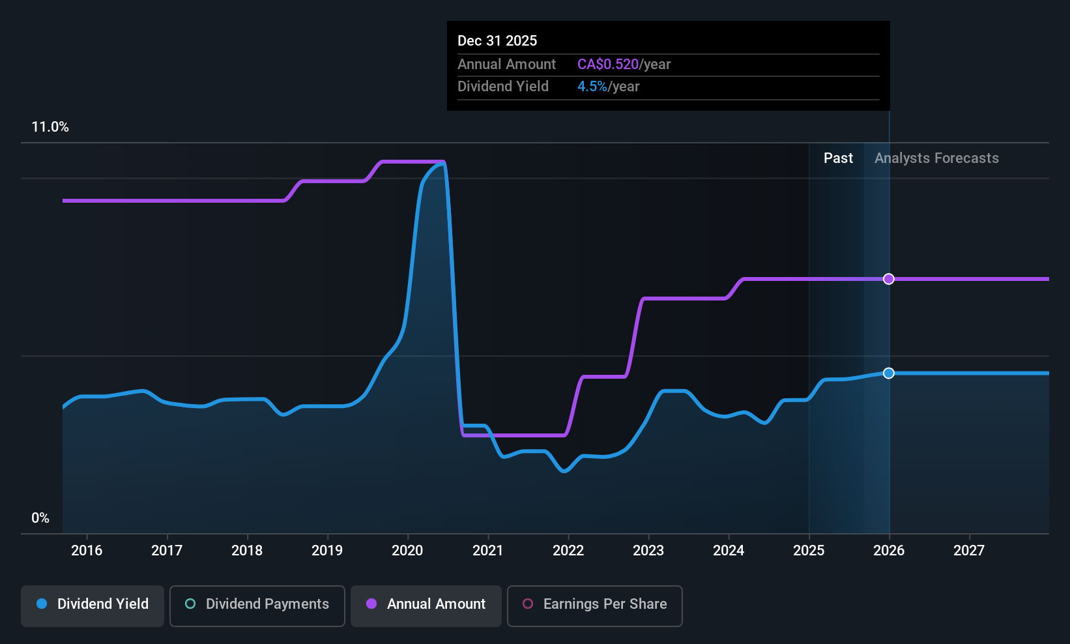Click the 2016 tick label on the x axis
tap(87, 551)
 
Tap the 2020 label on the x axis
tap(407, 551)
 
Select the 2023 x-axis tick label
tap(648, 551)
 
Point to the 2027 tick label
tap(969, 551)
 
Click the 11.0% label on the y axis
tap(50, 127)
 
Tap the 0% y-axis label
tap(40, 518)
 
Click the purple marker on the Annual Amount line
tap(889, 279)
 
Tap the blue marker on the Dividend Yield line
tap(889, 373)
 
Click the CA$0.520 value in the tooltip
tap(608, 65)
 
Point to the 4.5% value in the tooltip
tap(592, 87)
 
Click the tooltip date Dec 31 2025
tap(497, 41)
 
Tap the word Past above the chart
tap(838, 158)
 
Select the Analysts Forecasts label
tap(936, 158)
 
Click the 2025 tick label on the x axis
tap(809, 551)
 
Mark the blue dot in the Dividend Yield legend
tap(42, 604)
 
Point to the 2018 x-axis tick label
tap(247, 551)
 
